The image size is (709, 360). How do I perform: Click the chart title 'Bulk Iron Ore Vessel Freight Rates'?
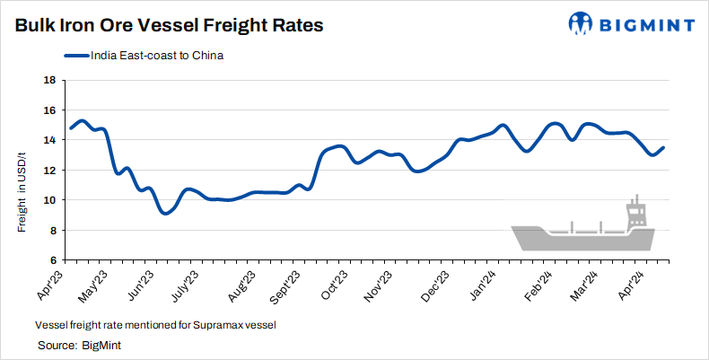[169, 25]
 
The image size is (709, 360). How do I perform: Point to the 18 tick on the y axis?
[49, 80]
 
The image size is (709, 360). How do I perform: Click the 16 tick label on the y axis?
[49, 110]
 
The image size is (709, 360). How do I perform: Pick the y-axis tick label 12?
[49, 171]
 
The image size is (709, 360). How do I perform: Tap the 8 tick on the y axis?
[52, 231]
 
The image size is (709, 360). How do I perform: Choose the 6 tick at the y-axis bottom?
[52, 261]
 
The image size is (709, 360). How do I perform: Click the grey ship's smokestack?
[636, 208]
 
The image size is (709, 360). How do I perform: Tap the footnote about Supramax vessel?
[154, 325]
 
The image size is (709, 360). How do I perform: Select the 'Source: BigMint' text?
[79, 345]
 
